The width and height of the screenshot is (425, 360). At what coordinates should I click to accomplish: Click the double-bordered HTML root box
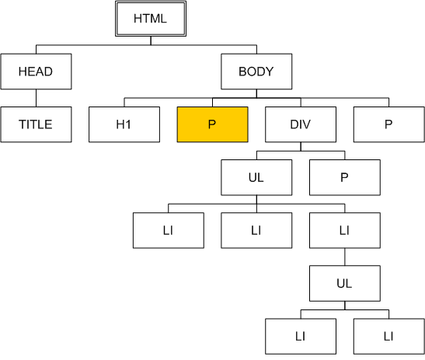(x=151, y=19)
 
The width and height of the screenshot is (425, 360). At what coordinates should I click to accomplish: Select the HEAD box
(x=36, y=72)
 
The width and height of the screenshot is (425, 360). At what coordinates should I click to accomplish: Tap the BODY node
(x=256, y=72)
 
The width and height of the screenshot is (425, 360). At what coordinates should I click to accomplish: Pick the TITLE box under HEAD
(x=36, y=124)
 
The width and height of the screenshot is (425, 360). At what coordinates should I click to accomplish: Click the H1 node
(x=124, y=124)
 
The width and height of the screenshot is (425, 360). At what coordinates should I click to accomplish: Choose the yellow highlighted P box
(x=213, y=124)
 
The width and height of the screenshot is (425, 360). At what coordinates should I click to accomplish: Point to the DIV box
(x=301, y=124)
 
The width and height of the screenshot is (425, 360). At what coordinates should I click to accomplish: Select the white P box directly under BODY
(x=389, y=124)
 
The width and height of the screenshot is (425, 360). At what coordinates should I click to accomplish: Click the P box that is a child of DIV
(x=345, y=177)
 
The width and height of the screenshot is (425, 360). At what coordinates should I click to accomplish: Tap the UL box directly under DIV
(x=256, y=177)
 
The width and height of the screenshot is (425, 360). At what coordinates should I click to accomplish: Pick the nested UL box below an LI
(x=345, y=283)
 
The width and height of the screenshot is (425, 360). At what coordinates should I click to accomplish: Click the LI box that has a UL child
(x=345, y=230)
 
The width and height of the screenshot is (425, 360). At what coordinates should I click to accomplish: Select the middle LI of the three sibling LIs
(x=256, y=230)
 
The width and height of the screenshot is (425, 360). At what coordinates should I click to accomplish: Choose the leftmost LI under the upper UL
(x=169, y=230)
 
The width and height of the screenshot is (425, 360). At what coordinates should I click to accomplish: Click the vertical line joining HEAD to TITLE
(x=36, y=98)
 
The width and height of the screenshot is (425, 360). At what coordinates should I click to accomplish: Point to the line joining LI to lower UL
(x=345, y=257)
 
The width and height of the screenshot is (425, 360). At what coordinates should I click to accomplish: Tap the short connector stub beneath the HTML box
(x=151, y=40)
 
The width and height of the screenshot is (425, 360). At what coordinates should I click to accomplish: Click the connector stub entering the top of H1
(x=124, y=103)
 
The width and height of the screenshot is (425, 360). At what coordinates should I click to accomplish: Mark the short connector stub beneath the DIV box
(x=301, y=146)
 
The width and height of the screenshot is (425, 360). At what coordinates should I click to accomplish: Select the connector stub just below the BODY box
(x=256, y=93)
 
